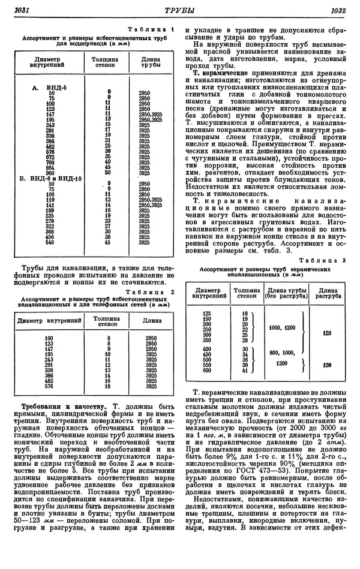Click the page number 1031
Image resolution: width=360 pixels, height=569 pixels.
[22, 10]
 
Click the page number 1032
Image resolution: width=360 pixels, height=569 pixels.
[338, 10]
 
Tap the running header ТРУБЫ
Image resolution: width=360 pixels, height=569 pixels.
[180, 10]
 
